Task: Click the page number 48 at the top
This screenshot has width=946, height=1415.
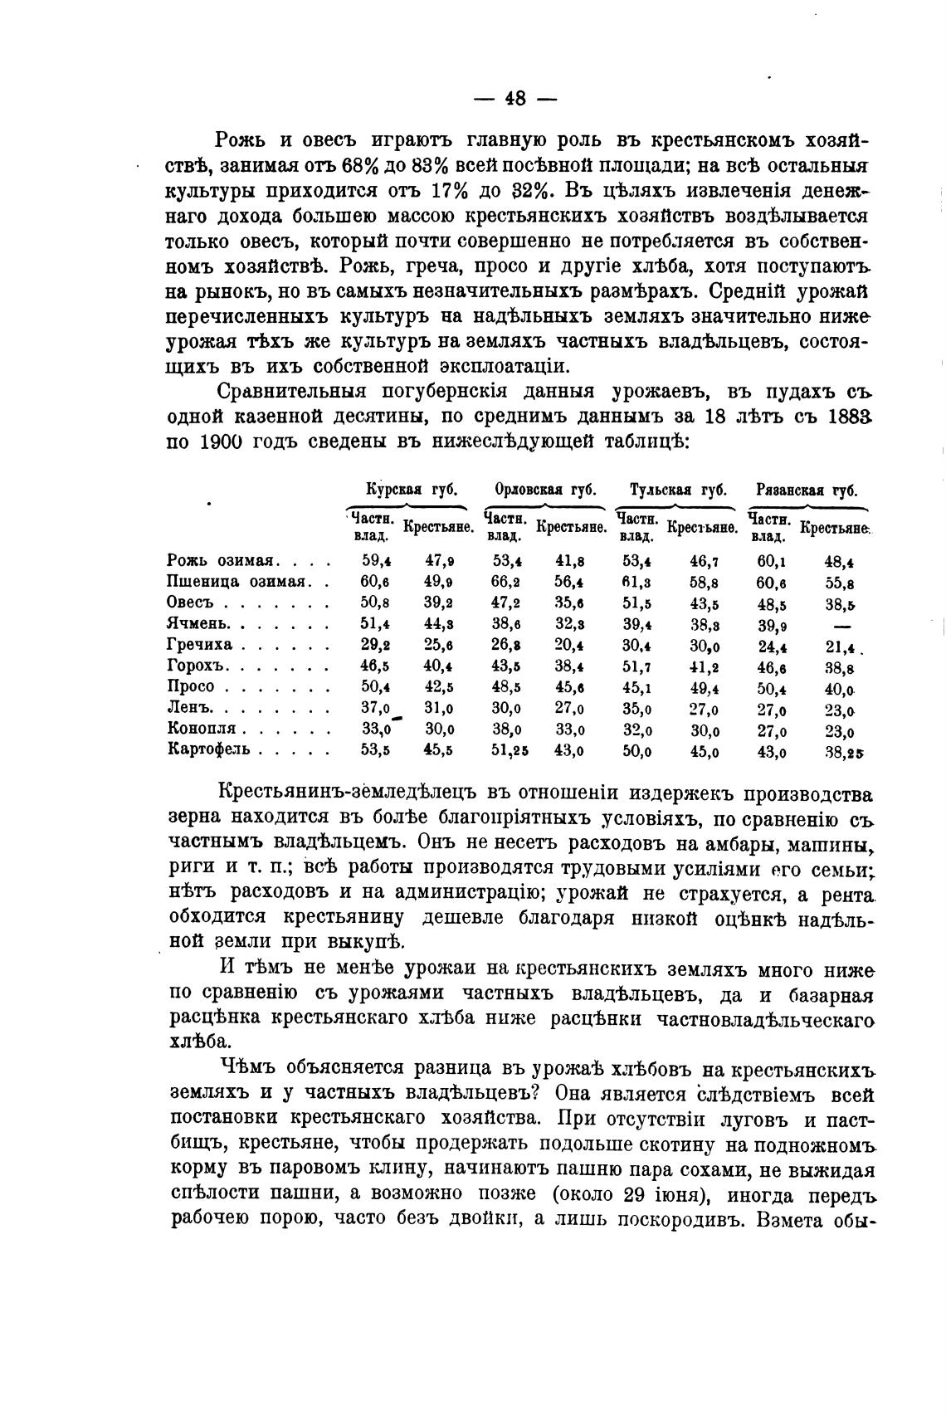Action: click(x=514, y=99)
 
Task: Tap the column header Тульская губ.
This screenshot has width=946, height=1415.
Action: click(x=678, y=490)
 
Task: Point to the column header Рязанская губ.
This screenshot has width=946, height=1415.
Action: click(x=807, y=490)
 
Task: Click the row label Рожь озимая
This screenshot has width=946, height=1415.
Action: click(x=222, y=561)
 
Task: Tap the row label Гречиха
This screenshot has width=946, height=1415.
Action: click(x=200, y=645)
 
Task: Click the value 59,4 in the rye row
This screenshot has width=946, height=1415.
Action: click(x=378, y=561)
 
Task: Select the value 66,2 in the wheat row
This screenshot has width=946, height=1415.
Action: click(x=507, y=582)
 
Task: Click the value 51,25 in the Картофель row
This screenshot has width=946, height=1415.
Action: click(x=510, y=750)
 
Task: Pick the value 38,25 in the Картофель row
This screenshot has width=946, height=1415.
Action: click(x=844, y=752)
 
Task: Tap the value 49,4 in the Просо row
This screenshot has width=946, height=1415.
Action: click(x=705, y=687)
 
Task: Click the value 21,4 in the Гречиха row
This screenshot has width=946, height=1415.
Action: click(x=840, y=646)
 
